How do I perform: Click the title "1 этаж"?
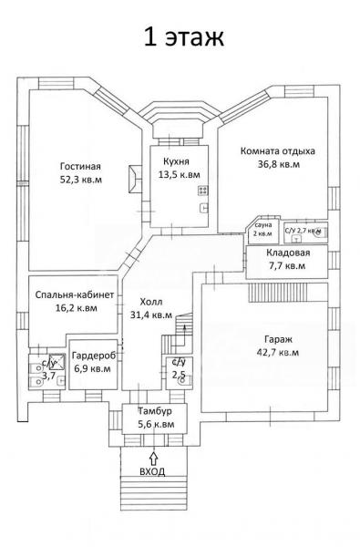tap(183, 37)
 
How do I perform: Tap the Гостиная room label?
tap(80, 167)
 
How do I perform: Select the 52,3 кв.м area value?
tap(81, 180)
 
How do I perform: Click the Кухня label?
tap(176, 161)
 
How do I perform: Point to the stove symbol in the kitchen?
tap(203, 191)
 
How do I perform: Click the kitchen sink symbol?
tap(204, 208)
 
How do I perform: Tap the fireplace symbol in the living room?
tap(135, 179)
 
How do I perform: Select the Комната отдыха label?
tap(278, 151)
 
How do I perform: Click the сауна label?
tap(263, 225)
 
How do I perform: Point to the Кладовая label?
tap(288, 253)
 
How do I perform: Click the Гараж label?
tap(278, 339)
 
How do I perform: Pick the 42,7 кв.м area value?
tap(278, 352)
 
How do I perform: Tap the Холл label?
tap(151, 302)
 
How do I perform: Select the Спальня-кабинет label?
tap(75, 294)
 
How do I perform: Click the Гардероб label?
tap(94, 356)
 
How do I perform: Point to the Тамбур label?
tap(155, 411)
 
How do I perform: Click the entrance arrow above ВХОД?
tap(153, 458)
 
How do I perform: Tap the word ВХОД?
tap(152, 471)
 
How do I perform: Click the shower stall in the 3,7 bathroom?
tap(57, 361)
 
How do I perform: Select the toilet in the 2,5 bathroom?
tap(185, 382)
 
